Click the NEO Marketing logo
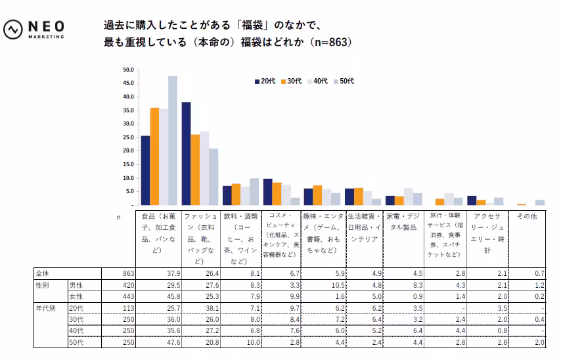point(34,30)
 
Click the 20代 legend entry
point(264,81)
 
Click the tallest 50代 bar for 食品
point(173,140)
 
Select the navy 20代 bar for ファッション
point(186,153)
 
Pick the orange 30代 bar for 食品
point(154,156)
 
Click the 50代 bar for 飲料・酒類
point(254,191)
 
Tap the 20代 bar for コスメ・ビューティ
point(267,191)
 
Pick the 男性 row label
point(76,285)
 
